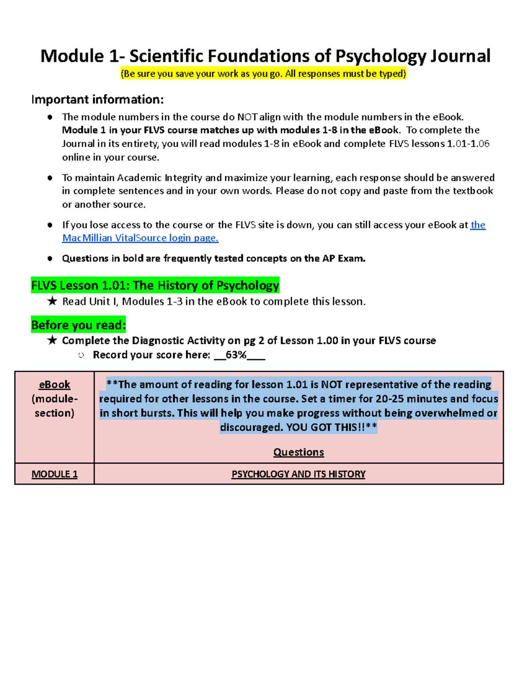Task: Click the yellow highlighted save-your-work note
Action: click(263, 74)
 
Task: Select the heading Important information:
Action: click(97, 100)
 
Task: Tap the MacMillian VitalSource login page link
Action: click(140, 238)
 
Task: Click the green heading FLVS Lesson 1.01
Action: click(155, 285)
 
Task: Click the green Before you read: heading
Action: click(79, 325)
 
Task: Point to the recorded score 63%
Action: click(236, 355)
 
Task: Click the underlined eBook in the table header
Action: click(54, 385)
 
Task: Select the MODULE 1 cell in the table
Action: click(54, 474)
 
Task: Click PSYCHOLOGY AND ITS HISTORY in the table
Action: click(298, 474)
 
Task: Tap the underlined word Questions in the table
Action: click(298, 452)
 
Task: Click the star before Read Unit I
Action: click(52, 301)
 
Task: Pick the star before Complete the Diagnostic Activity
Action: click(52, 340)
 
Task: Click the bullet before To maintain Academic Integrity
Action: click(50, 178)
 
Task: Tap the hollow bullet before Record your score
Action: click(81, 355)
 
